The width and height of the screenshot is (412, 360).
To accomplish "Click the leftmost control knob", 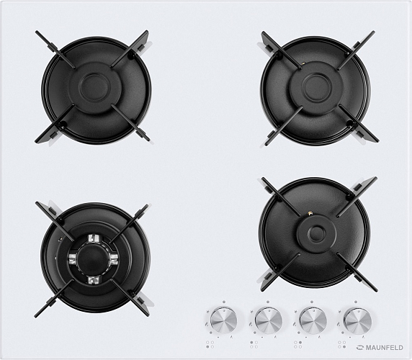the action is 223,320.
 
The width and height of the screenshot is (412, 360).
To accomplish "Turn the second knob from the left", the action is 269,320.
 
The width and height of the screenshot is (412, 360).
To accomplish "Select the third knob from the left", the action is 313,320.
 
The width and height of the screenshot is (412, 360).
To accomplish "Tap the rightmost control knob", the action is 357,321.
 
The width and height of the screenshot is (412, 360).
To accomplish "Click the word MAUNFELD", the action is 385,348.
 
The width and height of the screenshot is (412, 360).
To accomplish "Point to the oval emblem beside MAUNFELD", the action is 360,348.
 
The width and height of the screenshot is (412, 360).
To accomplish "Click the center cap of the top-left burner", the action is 94,88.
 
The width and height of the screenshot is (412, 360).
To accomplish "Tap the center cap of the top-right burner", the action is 316,88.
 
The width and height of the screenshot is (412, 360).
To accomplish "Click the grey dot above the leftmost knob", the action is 223,302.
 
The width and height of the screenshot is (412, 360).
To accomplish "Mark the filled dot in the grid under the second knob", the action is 251,343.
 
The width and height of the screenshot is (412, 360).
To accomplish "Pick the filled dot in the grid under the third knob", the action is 300,343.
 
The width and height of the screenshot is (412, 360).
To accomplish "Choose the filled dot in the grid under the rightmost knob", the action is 344,347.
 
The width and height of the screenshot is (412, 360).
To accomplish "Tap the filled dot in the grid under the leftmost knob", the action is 207,347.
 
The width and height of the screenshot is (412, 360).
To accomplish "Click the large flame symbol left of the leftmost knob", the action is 206,325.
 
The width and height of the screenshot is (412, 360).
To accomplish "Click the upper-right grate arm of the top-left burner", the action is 130,49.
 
